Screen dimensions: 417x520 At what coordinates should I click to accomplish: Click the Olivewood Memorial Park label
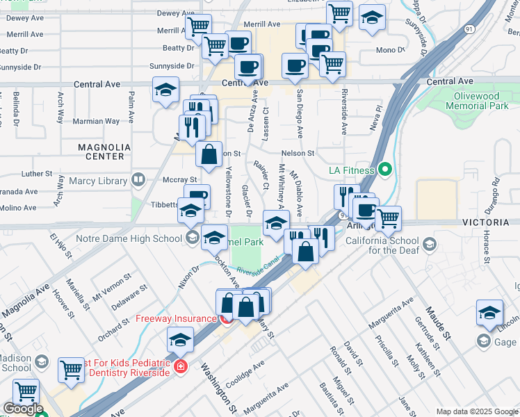480,101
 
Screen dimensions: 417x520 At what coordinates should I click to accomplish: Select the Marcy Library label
98,181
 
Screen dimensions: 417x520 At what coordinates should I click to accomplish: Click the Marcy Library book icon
138,181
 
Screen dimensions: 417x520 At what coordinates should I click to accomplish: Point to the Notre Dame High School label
138,239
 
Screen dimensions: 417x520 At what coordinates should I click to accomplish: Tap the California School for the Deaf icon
430,244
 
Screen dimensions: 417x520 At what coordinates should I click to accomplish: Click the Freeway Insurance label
176,319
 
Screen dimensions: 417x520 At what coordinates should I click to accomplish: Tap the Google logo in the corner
23,409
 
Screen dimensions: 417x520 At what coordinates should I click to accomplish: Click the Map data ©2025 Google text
476,411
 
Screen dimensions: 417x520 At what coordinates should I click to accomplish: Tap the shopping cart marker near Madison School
72,369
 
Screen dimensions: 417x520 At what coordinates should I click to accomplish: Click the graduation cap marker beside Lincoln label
489,313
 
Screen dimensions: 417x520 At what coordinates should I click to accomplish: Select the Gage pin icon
483,341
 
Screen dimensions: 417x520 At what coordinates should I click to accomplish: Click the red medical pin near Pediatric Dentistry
180,366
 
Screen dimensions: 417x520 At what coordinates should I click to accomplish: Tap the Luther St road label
37,173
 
